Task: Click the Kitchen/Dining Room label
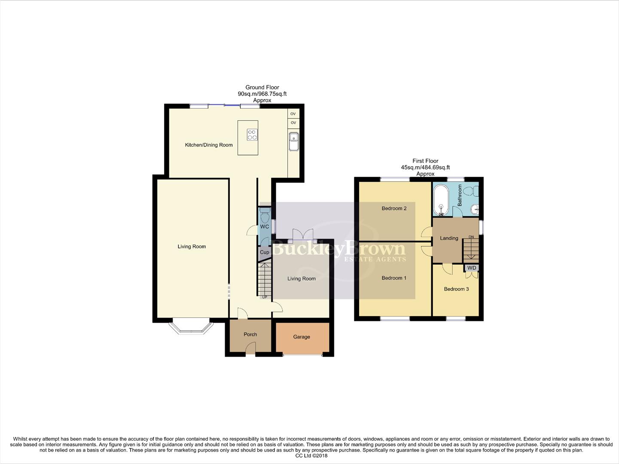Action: pyautogui.click(x=209, y=145)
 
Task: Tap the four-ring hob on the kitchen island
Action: pyautogui.click(x=252, y=134)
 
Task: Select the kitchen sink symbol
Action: pyautogui.click(x=294, y=141)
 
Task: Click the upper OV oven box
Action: pyautogui.click(x=293, y=114)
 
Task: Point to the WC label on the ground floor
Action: pyautogui.click(x=265, y=226)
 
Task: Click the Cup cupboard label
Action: pyautogui.click(x=265, y=252)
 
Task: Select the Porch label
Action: pyautogui.click(x=250, y=334)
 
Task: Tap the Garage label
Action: pyautogui.click(x=302, y=337)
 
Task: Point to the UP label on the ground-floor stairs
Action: pyautogui.click(x=265, y=297)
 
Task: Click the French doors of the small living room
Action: pyautogui.click(x=303, y=235)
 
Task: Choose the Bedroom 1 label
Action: pyautogui.click(x=394, y=278)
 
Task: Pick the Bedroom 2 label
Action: pyautogui.click(x=394, y=208)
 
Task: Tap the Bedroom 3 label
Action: pyautogui.click(x=456, y=289)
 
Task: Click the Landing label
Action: pyautogui.click(x=449, y=238)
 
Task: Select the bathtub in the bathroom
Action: pyautogui.click(x=441, y=201)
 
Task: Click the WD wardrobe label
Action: pyautogui.click(x=472, y=268)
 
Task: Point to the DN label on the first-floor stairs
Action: pyautogui.click(x=471, y=237)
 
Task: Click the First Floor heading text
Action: pyautogui.click(x=425, y=161)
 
